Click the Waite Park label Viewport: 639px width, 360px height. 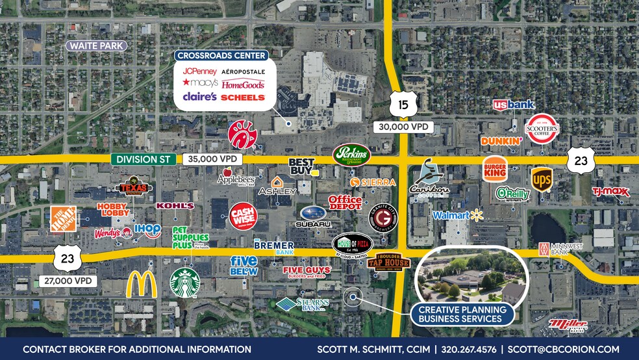pyautogui.click(x=95, y=45)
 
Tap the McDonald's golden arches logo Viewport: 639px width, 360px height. pyautogui.click(x=142, y=285)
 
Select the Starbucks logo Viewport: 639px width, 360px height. pyautogui.click(x=184, y=282)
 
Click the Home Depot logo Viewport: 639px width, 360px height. pyautogui.click(x=64, y=220)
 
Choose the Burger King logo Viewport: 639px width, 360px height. pyautogui.click(x=495, y=170)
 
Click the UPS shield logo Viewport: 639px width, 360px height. pyautogui.click(x=542, y=180)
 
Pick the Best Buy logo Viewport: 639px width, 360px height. pyautogui.click(x=302, y=166)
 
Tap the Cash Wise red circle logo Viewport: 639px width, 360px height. pyautogui.click(x=244, y=214)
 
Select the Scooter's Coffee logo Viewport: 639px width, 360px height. pyautogui.click(x=542, y=129)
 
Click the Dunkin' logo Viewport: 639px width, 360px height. pyautogui.click(x=501, y=140)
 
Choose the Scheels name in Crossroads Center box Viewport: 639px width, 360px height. pyautogui.click(x=244, y=97)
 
